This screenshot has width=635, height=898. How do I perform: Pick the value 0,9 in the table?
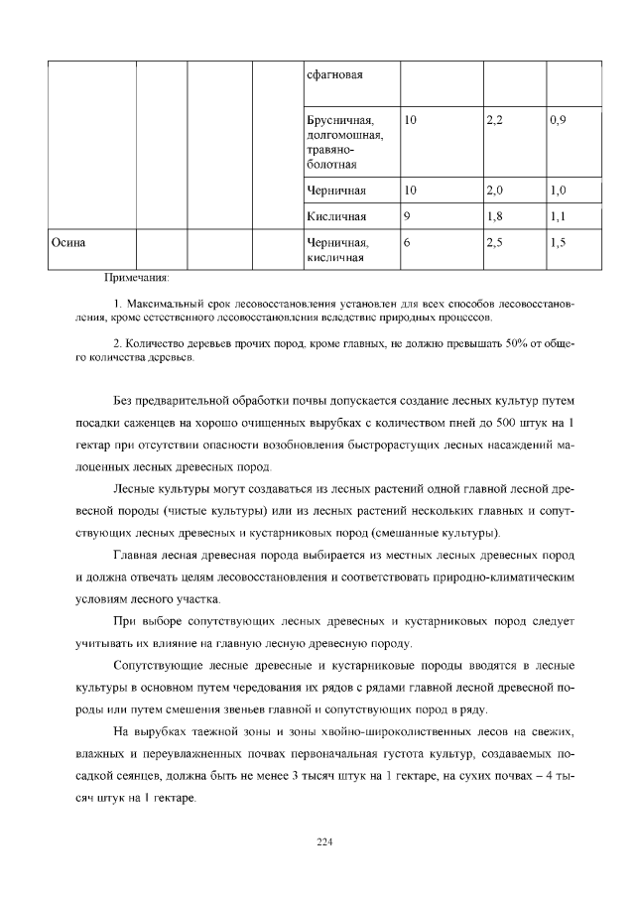click(x=558, y=119)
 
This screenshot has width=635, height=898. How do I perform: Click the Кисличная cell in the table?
click(x=337, y=215)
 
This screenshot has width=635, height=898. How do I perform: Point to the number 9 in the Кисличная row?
click(x=408, y=215)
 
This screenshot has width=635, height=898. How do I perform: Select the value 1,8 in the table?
click(x=495, y=215)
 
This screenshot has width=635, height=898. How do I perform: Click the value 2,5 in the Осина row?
click(x=495, y=242)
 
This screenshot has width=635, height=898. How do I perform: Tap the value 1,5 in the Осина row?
click(x=558, y=242)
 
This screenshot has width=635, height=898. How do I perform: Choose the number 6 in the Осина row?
click(x=408, y=242)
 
